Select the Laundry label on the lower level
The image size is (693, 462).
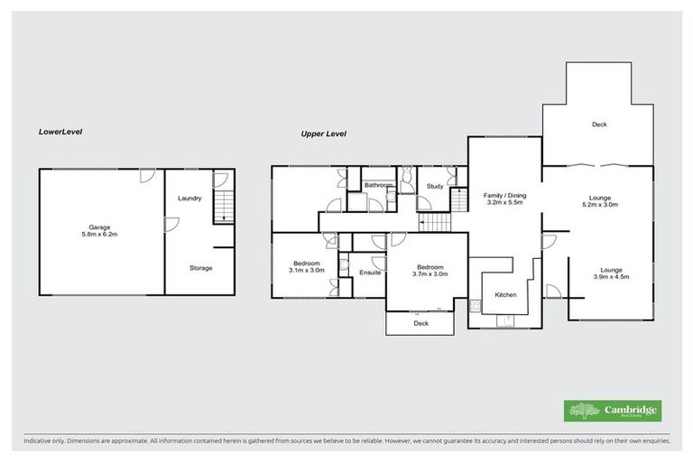point(189,199)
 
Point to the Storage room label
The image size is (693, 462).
point(200,268)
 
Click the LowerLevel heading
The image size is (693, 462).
point(60,132)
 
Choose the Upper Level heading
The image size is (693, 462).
point(324,134)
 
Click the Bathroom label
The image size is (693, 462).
point(379,186)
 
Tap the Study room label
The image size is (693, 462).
point(434,187)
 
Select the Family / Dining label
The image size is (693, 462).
point(504,196)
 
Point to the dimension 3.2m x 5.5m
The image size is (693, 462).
point(504,204)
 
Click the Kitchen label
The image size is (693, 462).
point(504,296)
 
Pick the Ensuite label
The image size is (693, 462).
point(370,273)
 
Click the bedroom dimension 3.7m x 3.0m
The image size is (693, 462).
point(430,274)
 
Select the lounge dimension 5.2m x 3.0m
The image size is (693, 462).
point(600,206)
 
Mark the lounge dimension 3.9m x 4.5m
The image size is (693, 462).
point(611,277)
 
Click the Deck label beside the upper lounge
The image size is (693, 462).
point(598,125)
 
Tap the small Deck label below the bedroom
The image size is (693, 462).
point(420,323)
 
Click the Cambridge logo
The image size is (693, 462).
point(613,411)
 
